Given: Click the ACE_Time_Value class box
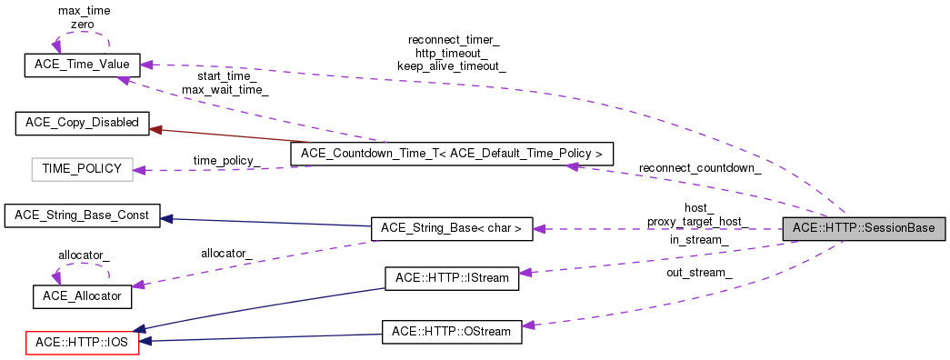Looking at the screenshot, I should (81, 65).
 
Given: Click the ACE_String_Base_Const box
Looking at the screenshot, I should (82, 216).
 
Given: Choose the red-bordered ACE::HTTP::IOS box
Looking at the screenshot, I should (81, 343).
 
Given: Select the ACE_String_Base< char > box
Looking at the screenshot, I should (452, 230).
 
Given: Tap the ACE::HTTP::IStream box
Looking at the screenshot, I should (452, 278).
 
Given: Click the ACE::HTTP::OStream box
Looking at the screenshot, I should (452, 332).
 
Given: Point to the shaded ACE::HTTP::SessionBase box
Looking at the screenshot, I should (865, 227).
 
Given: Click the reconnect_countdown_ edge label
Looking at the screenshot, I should (699, 168).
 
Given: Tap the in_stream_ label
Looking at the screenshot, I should (699, 240).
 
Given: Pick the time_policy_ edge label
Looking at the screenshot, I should (226, 160).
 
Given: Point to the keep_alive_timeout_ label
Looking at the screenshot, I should (452, 66).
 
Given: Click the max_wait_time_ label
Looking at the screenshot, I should (225, 90).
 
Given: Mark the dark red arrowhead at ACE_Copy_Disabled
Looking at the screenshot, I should (155, 130).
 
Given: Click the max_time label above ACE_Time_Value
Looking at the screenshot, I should (83, 10).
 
